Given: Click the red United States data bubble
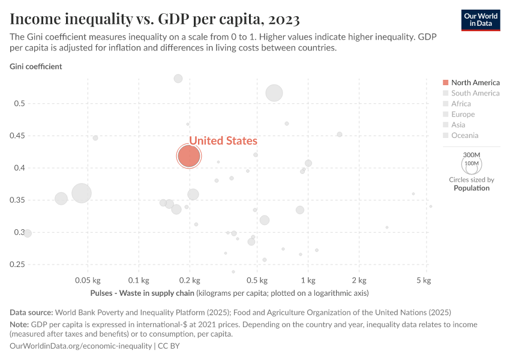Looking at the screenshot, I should click(x=188, y=156).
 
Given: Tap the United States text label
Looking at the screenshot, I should click(x=223, y=140).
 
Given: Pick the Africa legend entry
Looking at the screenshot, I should click(x=461, y=104).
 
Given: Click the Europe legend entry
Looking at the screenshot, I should click(x=463, y=114).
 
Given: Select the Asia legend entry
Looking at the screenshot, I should click(x=458, y=125).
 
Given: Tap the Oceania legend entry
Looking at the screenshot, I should click(x=464, y=136).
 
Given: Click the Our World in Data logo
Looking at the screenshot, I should click(x=481, y=19).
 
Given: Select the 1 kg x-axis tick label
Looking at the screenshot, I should click(x=308, y=280).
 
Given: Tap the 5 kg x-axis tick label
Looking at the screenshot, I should click(x=424, y=280).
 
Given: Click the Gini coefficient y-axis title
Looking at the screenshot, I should click(x=36, y=67).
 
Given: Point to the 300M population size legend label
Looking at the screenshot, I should click(x=472, y=154).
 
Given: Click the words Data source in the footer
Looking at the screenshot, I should click(x=31, y=312).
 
